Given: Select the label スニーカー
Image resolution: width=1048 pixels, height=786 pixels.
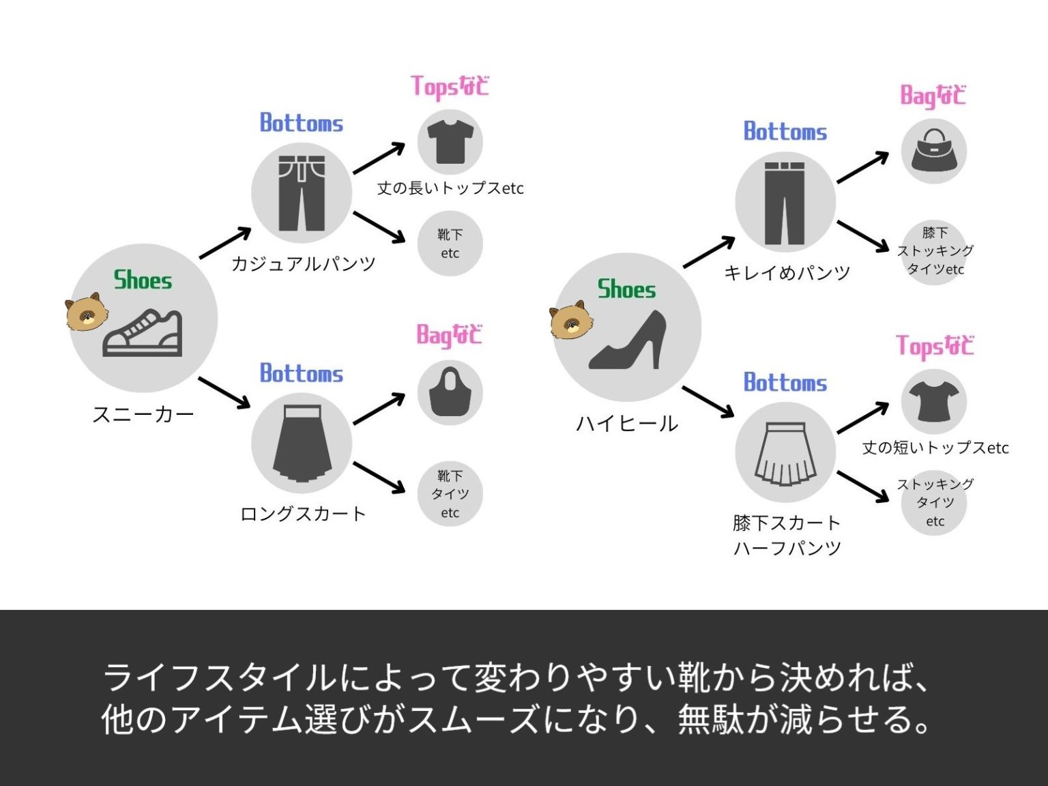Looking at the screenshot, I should (143, 414).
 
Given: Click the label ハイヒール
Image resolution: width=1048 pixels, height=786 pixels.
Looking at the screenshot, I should (627, 424).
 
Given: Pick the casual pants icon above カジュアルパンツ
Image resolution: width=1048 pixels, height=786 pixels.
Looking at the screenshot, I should (302, 194).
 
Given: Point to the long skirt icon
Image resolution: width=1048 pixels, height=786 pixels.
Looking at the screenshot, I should (302, 443).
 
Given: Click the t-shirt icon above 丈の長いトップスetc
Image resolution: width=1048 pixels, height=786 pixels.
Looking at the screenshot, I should (450, 142).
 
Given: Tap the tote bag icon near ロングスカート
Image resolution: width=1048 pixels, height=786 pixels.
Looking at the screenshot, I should (450, 392).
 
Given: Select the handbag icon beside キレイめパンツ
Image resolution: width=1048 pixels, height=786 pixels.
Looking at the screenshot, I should (934, 151).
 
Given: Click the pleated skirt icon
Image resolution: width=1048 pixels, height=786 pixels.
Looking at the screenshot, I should (785, 452).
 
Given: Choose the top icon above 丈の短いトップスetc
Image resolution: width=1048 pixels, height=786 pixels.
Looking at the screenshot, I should (934, 401).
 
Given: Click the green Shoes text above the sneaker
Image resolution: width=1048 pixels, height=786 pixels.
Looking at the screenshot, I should (143, 280).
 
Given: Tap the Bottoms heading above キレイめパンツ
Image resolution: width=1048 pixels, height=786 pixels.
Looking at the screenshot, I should (785, 132).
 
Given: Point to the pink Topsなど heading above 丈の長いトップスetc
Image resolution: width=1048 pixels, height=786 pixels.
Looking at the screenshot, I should (450, 87).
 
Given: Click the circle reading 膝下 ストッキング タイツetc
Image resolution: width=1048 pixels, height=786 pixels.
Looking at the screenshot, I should (934, 251).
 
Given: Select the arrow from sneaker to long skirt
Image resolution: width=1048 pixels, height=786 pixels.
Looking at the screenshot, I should (224, 392).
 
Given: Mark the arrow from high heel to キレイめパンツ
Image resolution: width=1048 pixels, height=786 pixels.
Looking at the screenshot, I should (709, 252).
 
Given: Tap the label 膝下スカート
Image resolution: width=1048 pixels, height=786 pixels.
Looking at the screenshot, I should (786, 523).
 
